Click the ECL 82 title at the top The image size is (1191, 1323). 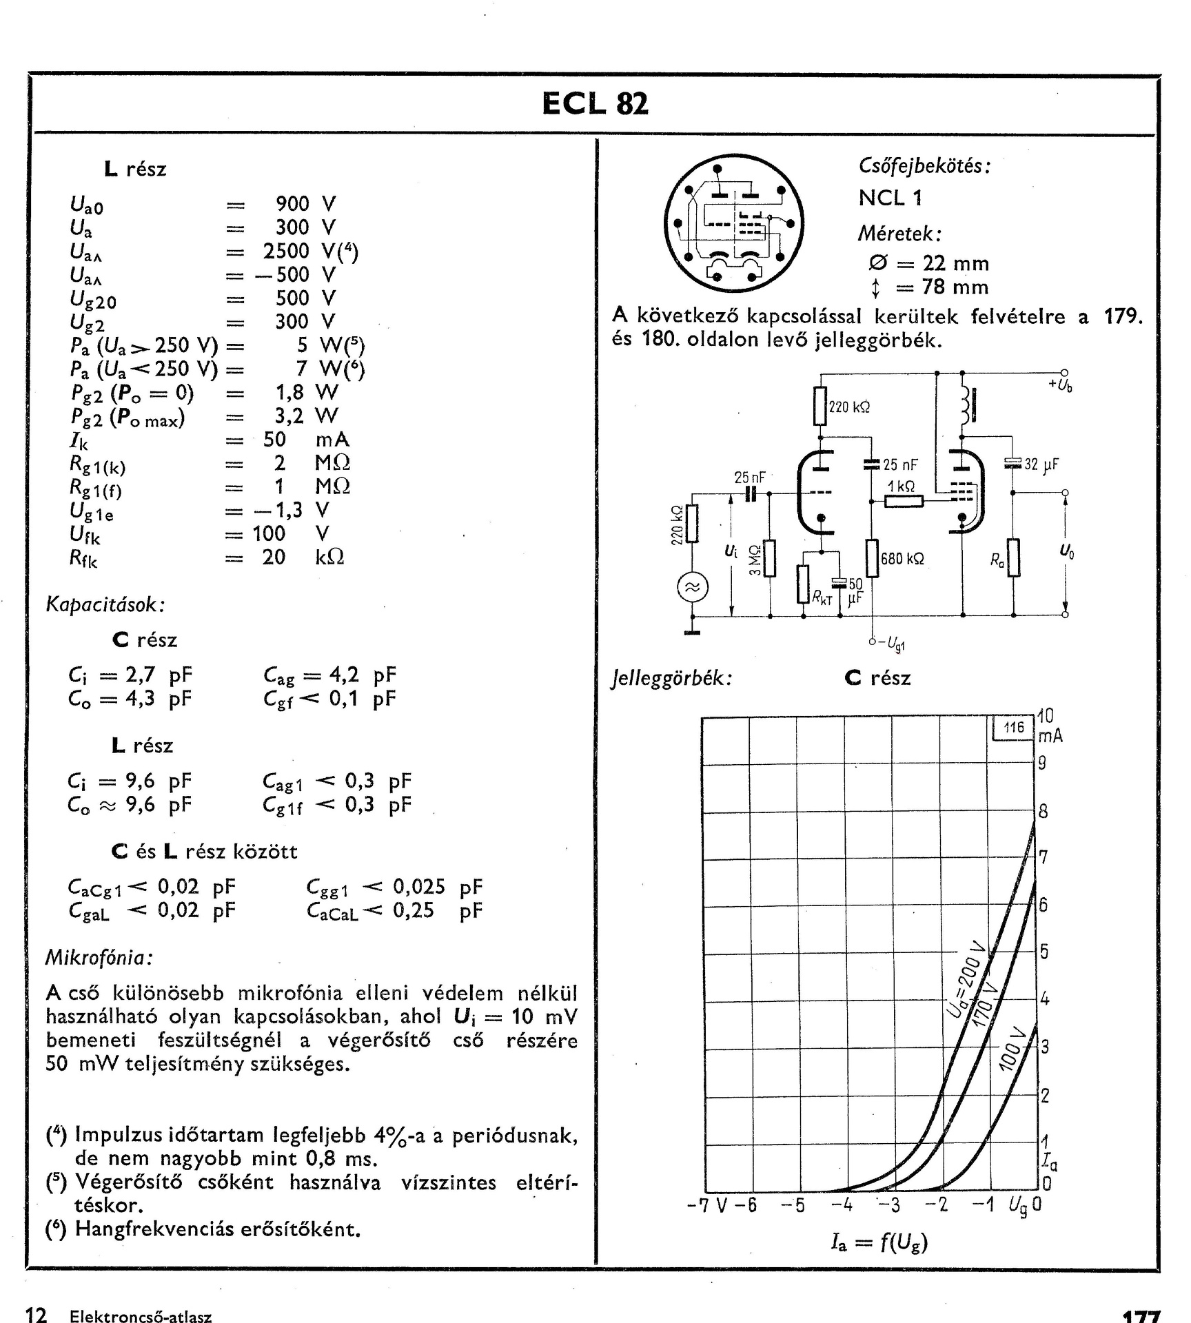(x=595, y=104)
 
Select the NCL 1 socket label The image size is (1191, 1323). (x=890, y=198)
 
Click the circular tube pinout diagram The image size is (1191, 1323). (x=733, y=223)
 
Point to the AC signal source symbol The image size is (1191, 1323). (x=692, y=587)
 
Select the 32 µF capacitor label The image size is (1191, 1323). (x=1041, y=464)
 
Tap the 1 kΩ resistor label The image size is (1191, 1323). (x=901, y=486)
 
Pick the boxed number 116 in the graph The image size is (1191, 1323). (x=1014, y=727)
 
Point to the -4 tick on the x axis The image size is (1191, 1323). (x=842, y=1205)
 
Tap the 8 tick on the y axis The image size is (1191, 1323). (x=1043, y=811)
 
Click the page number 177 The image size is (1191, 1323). (x=1141, y=1317)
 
